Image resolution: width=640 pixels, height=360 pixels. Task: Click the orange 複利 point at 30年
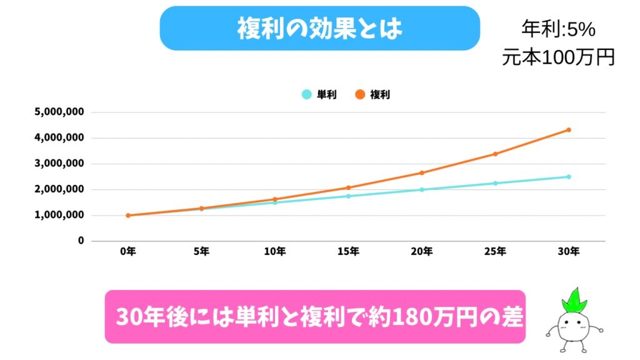coord(569,130)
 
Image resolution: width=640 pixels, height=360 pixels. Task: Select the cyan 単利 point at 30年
coord(569,177)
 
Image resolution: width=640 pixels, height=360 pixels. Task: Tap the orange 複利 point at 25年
coord(495,154)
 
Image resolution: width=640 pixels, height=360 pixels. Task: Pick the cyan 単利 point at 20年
coord(422,189)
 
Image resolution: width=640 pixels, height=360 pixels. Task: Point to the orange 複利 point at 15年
coord(348,187)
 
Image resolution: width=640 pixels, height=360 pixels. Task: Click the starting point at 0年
coord(128,216)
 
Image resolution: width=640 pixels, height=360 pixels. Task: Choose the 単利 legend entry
coord(319,95)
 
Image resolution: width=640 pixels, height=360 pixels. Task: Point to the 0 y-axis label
coord(81,241)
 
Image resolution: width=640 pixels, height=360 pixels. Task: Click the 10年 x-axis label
coord(275,252)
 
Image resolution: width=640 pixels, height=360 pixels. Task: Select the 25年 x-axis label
coord(495,252)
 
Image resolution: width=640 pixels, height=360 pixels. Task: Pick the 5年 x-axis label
coord(201,252)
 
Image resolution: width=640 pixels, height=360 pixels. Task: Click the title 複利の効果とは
coord(319,28)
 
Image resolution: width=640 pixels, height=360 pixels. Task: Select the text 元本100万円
coord(558,57)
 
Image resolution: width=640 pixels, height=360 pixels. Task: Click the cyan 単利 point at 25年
coord(495,183)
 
